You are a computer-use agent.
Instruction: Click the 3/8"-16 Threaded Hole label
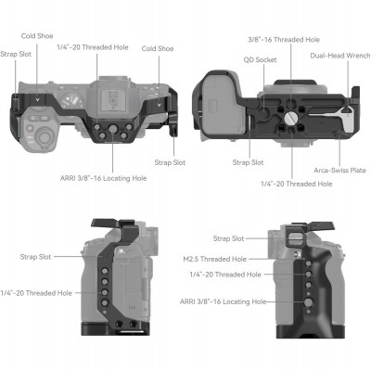[281, 40]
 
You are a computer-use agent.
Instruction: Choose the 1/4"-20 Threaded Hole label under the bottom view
[298, 184]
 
